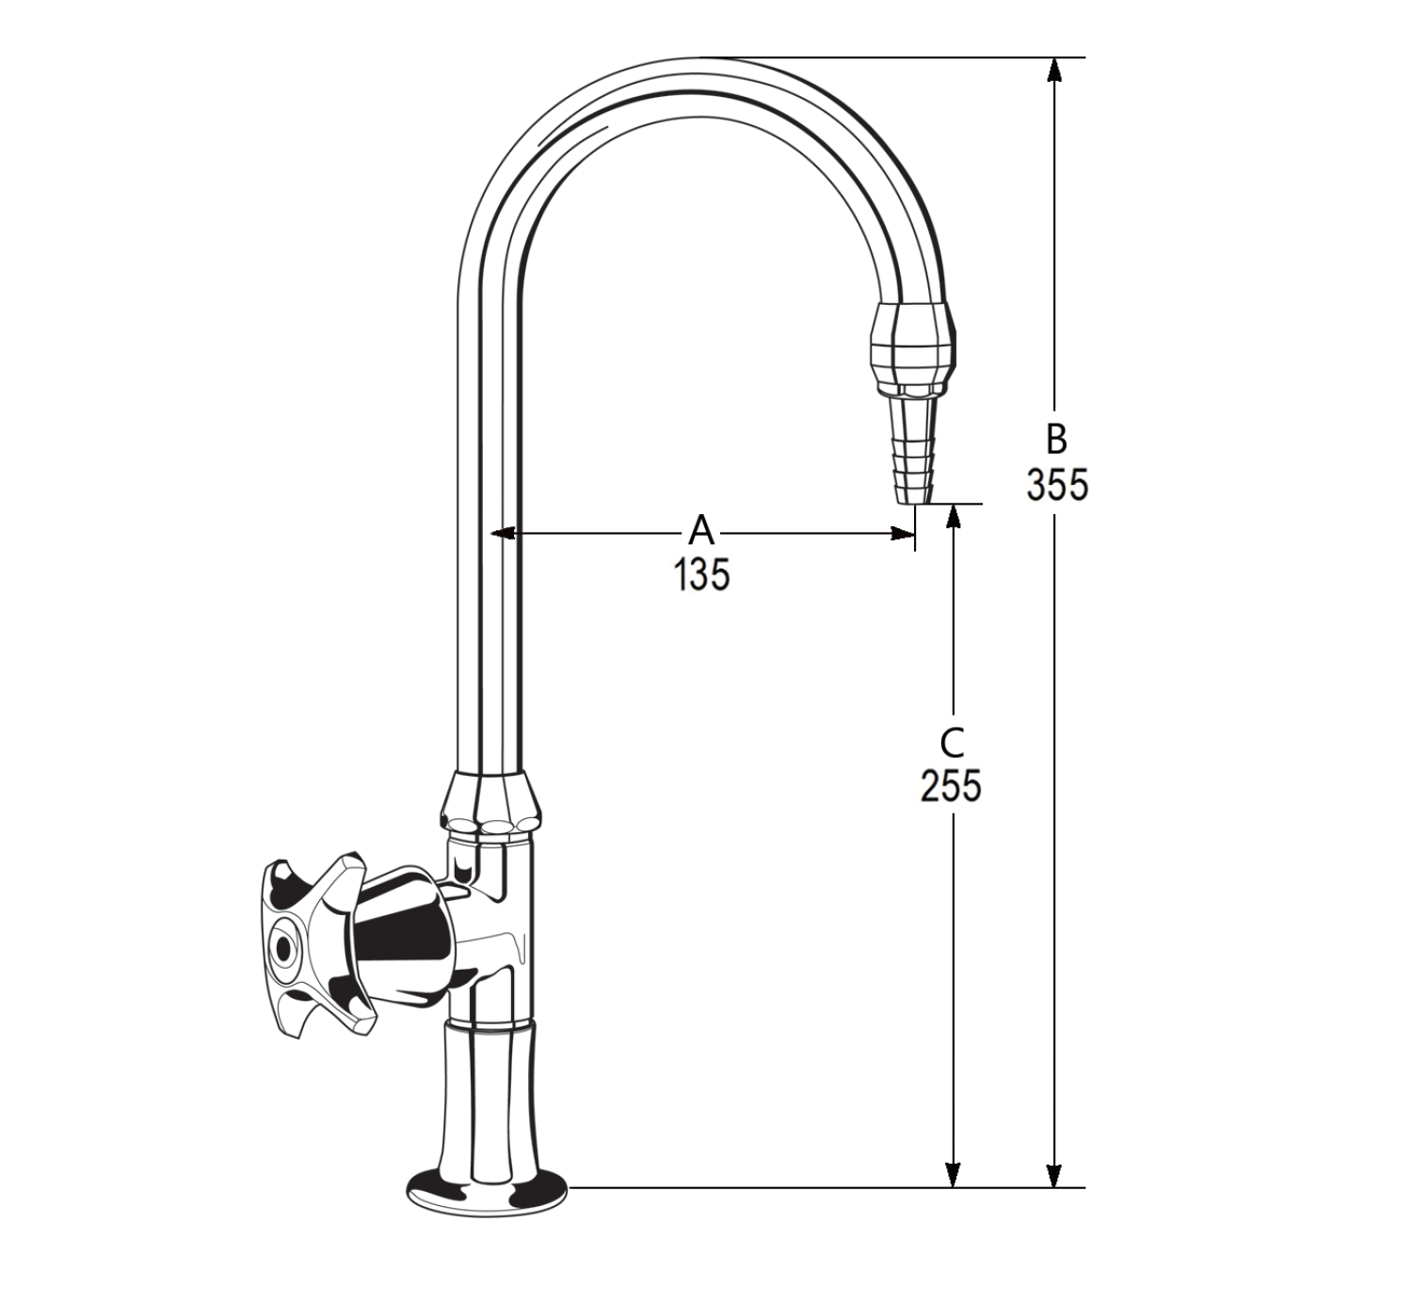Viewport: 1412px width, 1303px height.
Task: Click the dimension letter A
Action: pyautogui.click(x=701, y=530)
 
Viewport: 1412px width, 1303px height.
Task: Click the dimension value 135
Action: pyautogui.click(x=701, y=574)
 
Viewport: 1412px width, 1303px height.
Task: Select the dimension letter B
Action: pyautogui.click(x=1056, y=439)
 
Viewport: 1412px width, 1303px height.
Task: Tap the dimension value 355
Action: pyautogui.click(x=1056, y=485)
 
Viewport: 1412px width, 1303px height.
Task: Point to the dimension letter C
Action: pyautogui.click(x=952, y=743)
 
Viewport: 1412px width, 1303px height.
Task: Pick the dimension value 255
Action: pyautogui.click(x=951, y=785)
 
